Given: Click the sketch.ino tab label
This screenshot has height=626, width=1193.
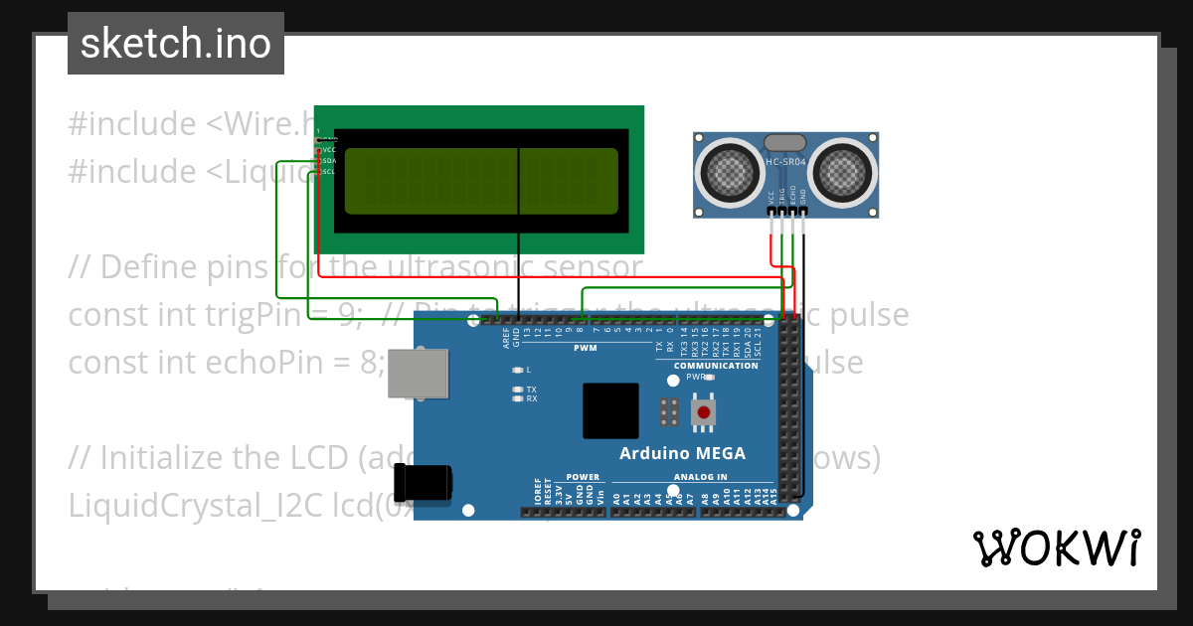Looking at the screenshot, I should (175, 44).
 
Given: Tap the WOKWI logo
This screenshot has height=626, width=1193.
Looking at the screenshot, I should (1056, 548).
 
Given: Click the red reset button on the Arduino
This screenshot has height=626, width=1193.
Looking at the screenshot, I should (704, 412).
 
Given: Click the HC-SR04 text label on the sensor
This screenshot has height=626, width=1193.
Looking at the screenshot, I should (786, 161).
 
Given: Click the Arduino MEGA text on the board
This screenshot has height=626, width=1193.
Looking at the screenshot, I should (682, 453).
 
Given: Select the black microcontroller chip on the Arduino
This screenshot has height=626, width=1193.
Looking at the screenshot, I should (610, 410).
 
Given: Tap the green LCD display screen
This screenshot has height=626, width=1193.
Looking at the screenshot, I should (481, 182).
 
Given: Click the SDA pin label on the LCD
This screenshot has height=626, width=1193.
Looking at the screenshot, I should (329, 160).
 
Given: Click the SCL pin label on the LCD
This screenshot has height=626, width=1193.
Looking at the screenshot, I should (329, 171).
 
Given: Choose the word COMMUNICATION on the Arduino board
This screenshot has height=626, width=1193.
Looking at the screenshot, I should (715, 366).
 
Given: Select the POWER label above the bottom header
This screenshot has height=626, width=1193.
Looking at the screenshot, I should (583, 477).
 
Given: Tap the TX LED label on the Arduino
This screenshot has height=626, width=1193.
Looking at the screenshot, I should (531, 390).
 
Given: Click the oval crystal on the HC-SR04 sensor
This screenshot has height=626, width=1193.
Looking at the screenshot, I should (785, 145).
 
